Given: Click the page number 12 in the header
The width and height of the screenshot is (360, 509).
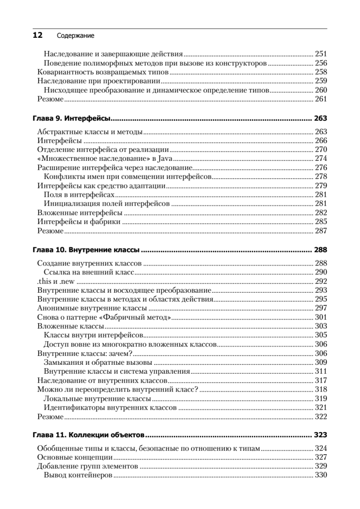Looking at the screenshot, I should (37, 36).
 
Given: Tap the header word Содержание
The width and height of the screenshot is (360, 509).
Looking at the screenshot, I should (75, 36).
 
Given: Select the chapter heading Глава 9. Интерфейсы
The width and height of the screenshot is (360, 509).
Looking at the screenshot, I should (72, 118).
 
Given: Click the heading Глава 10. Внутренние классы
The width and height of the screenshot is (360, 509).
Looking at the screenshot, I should (87, 249).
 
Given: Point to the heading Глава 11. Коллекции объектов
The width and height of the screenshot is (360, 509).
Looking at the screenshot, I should (89, 435).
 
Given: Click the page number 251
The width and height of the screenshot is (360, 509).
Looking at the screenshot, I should (321, 54).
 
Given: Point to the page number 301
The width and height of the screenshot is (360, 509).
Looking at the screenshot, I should (321, 317).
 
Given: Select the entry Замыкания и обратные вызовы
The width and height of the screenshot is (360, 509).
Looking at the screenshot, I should (98, 362).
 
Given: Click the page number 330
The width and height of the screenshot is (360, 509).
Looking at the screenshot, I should (321, 475).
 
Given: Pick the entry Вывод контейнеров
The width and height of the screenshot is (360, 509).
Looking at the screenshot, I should (78, 475).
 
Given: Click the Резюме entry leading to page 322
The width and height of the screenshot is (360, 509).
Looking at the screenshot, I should (50, 417).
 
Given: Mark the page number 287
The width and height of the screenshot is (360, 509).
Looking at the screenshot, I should (321, 231).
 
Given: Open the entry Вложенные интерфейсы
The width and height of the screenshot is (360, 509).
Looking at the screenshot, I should (80, 213).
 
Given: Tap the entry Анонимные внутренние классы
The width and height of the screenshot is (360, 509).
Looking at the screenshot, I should (92, 308).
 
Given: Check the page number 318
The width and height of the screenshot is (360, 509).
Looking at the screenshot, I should (321, 389).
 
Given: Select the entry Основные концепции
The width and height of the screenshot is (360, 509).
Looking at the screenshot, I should (75, 457).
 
